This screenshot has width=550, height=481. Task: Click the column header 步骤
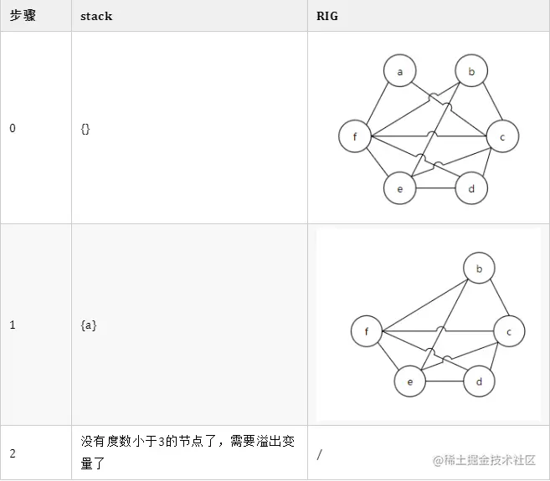[x=22, y=16]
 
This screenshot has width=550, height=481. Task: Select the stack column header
[x=95, y=16]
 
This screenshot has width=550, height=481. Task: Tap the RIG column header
[x=326, y=16]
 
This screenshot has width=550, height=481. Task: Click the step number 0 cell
[x=12, y=128]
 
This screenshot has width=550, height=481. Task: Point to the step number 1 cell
[x=12, y=325]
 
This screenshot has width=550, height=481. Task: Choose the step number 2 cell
[x=12, y=453]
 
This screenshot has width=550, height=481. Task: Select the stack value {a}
[x=88, y=325]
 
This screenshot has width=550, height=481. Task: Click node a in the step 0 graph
[x=400, y=72]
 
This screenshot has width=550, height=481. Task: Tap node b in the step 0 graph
[x=471, y=72]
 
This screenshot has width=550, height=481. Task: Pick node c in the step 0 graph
[x=502, y=136]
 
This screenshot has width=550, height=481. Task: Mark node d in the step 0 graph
[x=471, y=188]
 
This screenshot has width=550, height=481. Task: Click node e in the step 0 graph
[x=400, y=188]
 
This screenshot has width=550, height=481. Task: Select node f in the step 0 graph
[x=355, y=136]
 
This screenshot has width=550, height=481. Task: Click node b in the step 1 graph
[x=479, y=269]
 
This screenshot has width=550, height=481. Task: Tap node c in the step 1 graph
[x=508, y=332]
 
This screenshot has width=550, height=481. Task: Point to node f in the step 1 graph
[x=367, y=332]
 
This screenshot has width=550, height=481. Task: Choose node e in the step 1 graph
[x=410, y=381]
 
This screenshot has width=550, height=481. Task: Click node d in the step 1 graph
[x=479, y=381]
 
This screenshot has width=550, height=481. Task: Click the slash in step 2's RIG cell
[x=321, y=453]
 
